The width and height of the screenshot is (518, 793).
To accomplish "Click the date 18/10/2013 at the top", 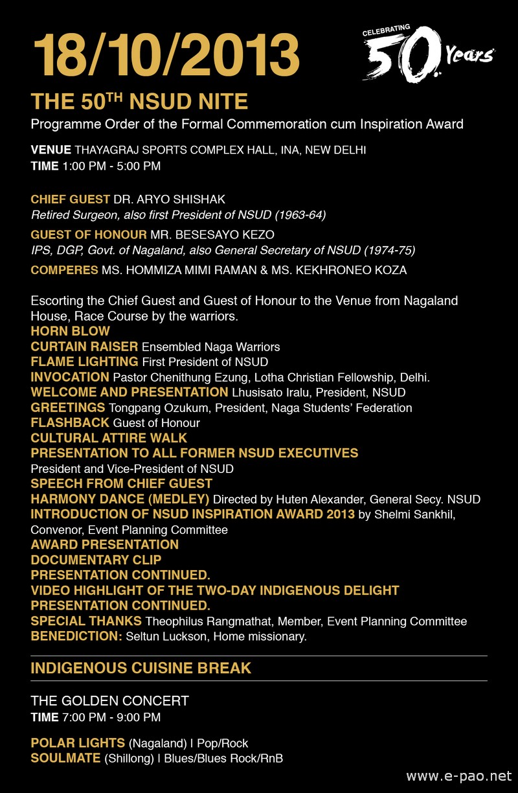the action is [166, 54].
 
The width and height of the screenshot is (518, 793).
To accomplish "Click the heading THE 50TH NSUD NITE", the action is [139, 102].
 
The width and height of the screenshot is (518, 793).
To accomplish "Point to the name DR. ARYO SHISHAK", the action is [170, 199].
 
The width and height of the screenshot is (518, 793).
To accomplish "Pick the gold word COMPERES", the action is [64, 270].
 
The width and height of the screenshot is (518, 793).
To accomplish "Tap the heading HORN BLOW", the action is [71, 331].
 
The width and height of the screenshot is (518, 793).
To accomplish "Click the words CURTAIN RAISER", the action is [84, 347].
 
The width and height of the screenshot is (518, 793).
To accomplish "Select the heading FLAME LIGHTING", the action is [84, 362].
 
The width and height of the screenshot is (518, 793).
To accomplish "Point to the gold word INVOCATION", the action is [70, 376].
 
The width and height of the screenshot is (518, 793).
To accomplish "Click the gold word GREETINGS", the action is [68, 408].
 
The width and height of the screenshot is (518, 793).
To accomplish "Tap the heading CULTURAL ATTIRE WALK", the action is [109, 438].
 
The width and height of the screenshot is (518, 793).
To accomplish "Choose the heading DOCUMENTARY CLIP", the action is [96, 559].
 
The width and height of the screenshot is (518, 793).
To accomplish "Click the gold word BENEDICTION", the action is [76, 636].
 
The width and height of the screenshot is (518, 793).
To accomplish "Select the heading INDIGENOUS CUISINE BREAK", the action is [141, 668].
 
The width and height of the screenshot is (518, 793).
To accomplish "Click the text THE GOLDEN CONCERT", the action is [109, 701].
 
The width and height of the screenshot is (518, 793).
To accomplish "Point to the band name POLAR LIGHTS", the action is [78, 743].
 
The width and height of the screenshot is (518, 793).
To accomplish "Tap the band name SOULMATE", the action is [65, 758].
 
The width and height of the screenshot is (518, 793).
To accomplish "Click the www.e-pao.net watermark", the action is [458, 776].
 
